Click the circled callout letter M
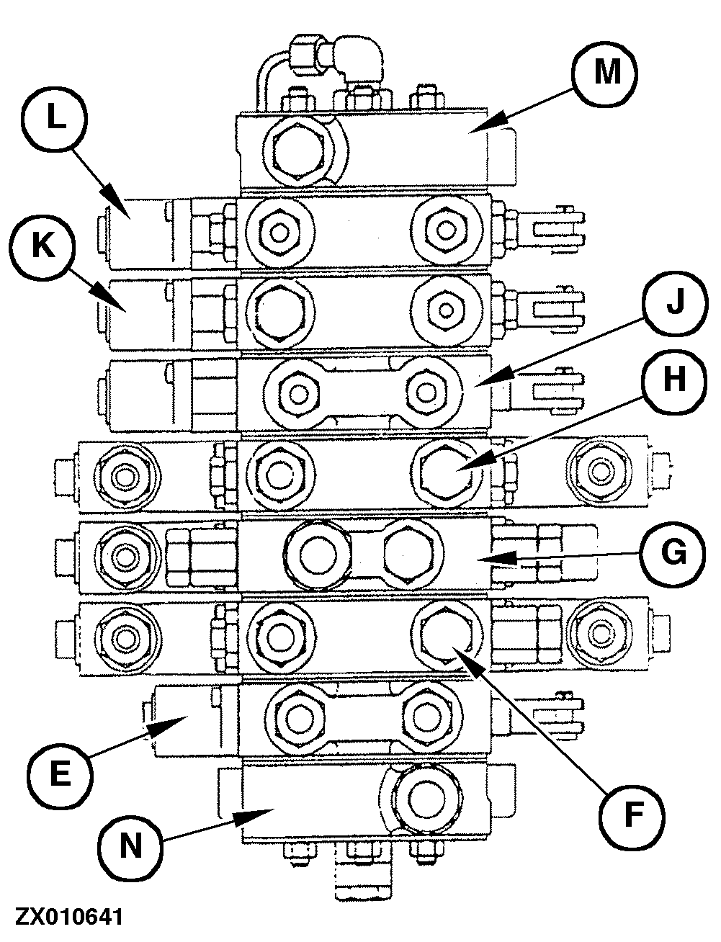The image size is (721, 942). tap(607, 73)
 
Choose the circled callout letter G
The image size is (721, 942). tap(674, 553)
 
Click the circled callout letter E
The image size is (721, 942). tap(60, 774)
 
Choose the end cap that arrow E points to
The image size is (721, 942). tap(183, 720)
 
